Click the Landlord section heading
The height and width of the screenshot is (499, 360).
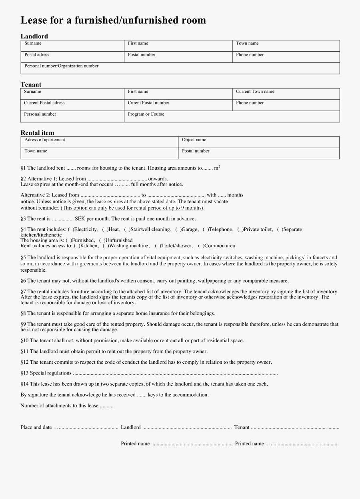point(34,36)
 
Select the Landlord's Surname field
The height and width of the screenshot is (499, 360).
point(72,46)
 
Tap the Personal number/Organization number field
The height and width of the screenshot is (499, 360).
point(180,68)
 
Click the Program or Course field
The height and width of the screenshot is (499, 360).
point(232,116)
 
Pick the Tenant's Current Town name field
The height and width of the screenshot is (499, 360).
point(286,94)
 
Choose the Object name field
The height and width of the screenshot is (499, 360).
point(258,142)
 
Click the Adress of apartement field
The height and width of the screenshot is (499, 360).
point(99,142)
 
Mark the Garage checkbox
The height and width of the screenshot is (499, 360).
point(178,229)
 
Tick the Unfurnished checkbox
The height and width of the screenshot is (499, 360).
point(102,240)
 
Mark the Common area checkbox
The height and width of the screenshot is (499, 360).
point(201,246)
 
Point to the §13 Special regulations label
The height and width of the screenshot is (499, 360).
point(46,373)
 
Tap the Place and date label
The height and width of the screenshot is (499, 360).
point(36,427)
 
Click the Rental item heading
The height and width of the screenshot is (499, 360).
point(37,133)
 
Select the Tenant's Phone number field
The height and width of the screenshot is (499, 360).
point(286,105)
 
